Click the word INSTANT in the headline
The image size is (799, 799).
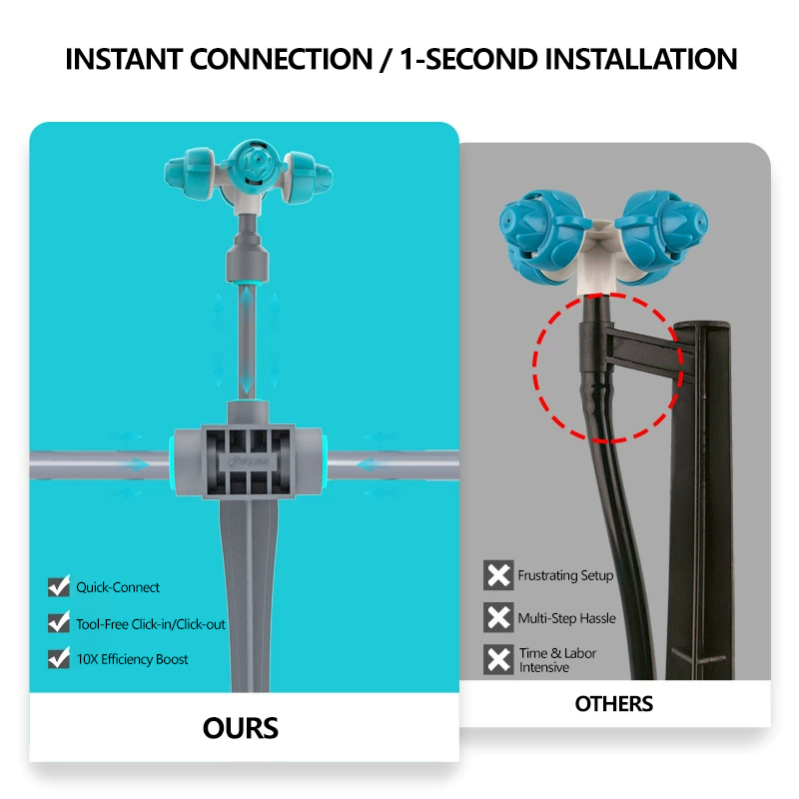click(124, 59)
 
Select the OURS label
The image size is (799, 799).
click(241, 728)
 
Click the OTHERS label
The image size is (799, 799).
click(613, 704)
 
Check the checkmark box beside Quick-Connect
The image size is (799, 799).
click(59, 586)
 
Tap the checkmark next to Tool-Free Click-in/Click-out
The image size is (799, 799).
click(59, 622)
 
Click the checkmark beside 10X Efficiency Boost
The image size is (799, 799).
click(59, 658)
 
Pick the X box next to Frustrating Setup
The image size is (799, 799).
click(498, 575)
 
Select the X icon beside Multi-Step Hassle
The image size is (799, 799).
click(498, 617)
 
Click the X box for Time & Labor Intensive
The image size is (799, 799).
click(498, 660)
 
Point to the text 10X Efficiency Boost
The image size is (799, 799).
click(133, 659)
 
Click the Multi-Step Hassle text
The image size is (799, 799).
click(566, 618)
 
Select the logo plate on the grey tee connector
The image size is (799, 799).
click(248, 462)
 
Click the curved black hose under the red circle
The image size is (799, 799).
click(617, 535)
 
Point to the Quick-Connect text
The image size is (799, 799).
click(118, 587)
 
